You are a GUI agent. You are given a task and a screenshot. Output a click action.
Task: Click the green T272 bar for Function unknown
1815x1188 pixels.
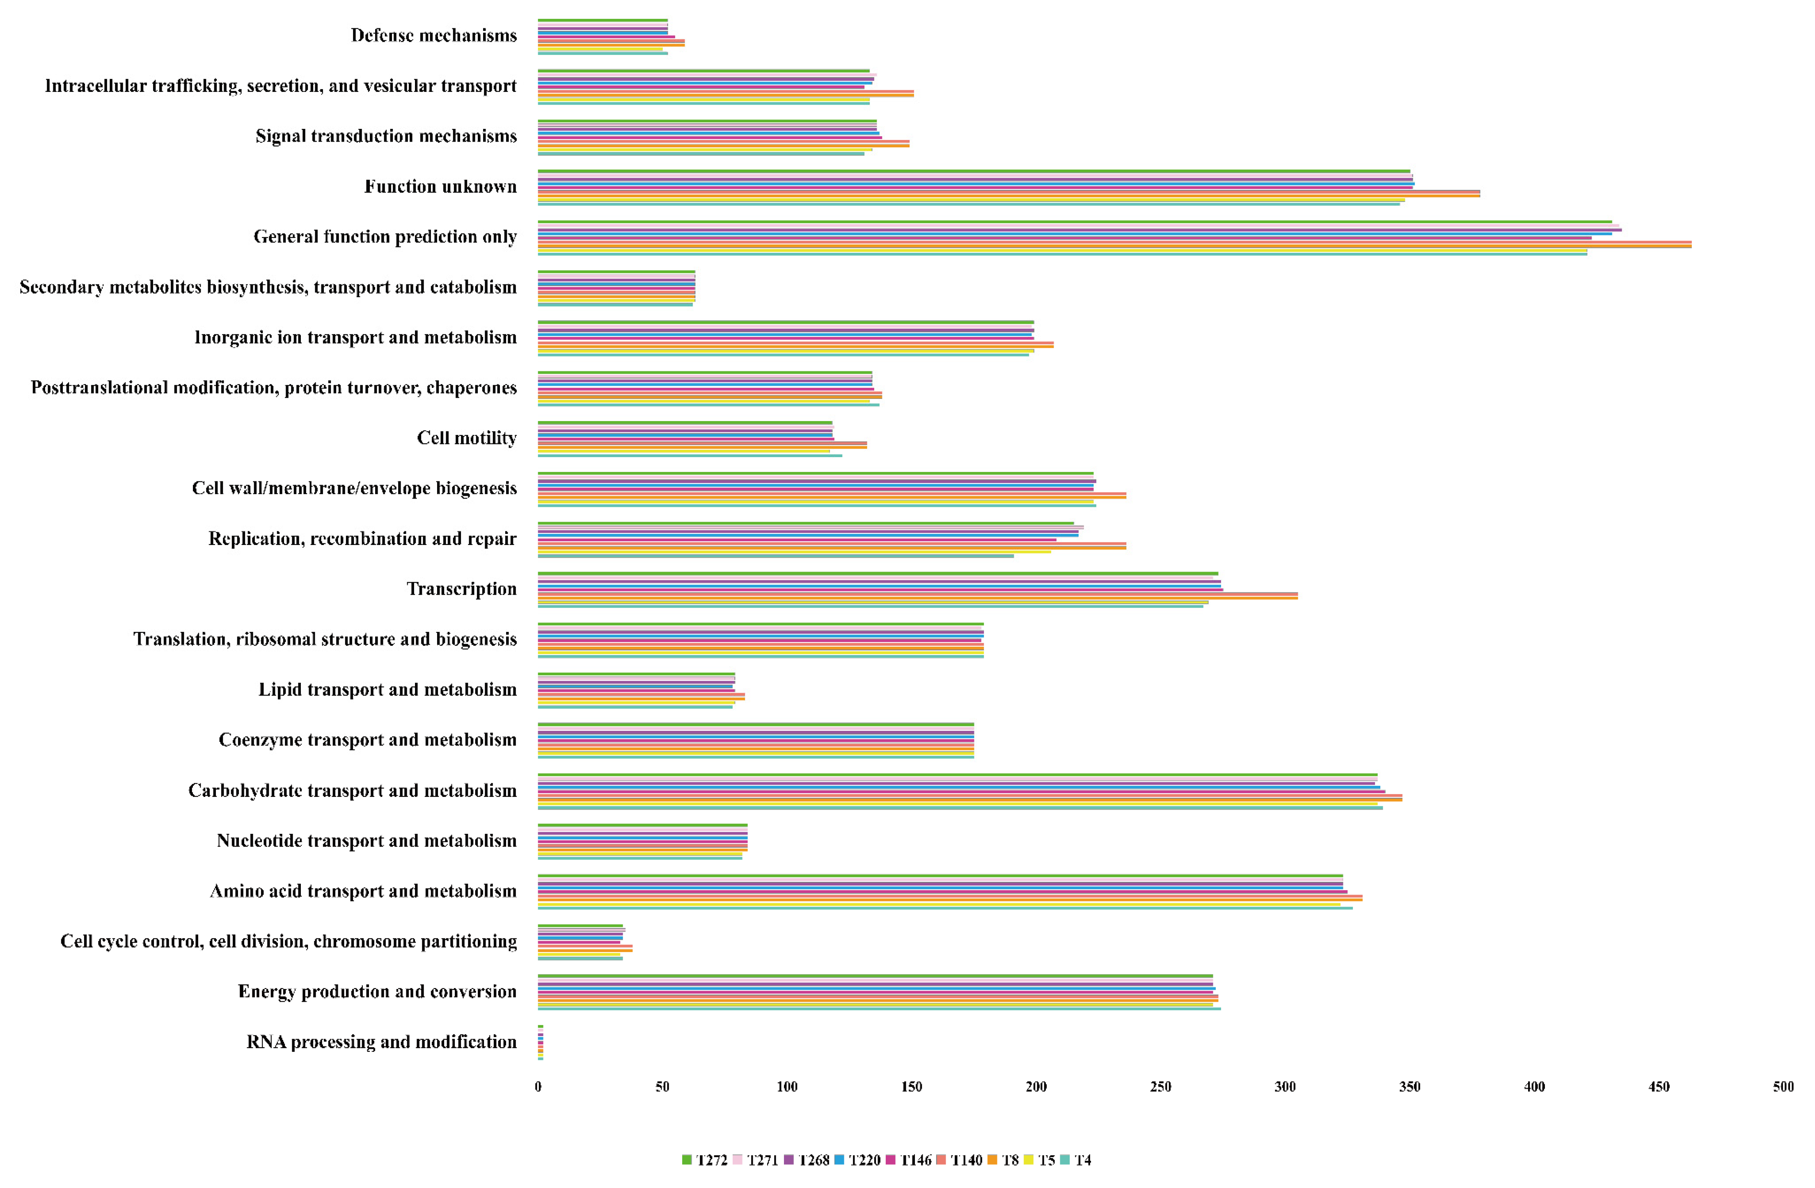[x=974, y=172]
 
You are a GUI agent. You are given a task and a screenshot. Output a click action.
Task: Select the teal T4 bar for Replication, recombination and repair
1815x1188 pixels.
[x=776, y=556]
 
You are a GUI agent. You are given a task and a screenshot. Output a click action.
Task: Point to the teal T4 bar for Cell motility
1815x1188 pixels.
[x=690, y=455]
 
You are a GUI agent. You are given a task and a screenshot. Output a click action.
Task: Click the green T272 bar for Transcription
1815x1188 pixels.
[x=878, y=573]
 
